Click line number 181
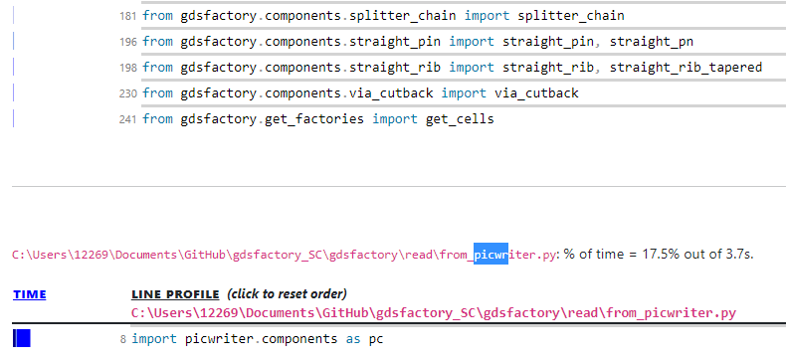127,17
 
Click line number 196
127,42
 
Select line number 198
127,68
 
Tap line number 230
127,93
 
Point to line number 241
127,119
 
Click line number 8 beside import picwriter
122,339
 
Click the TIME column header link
29,294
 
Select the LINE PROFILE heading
175,294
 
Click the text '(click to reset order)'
287,294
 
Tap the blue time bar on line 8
22,339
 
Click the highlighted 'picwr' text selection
491,255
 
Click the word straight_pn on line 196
653,42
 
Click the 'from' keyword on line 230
157,93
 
